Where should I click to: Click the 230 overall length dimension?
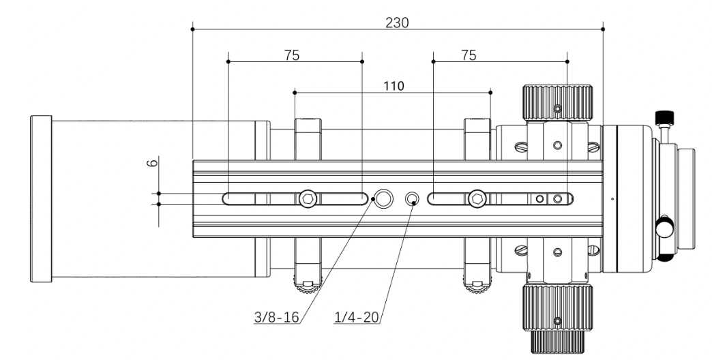click(397, 22)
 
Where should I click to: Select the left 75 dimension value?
click(292, 55)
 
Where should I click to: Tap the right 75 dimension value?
click(469, 55)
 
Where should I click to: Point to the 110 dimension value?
click(393, 85)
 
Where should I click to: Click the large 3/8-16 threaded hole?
click(384, 198)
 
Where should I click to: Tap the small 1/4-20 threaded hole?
click(413, 198)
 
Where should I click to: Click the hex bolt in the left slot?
click(308, 198)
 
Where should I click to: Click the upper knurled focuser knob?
click(557, 102)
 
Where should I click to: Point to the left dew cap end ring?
click(41, 198)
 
